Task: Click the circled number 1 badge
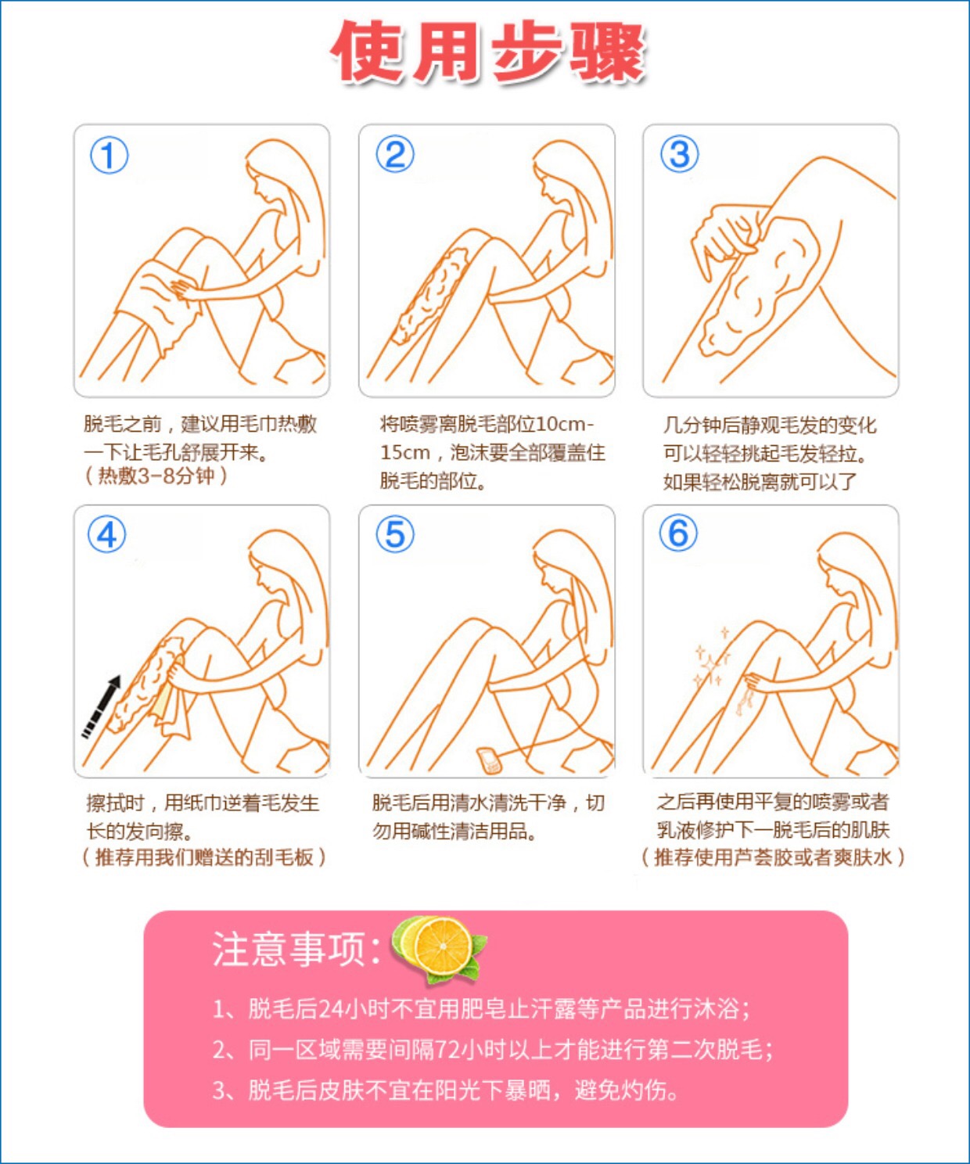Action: [x=109, y=156]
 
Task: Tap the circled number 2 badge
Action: [x=395, y=154]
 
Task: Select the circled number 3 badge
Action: [x=679, y=154]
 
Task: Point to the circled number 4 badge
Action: [x=107, y=534]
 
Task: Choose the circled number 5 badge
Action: [x=395, y=533]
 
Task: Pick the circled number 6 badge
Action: [x=678, y=533]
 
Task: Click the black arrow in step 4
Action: [x=102, y=707]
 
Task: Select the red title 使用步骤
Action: [x=489, y=52]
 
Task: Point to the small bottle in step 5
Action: [x=489, y=760]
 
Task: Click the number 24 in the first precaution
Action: [x=331, y=1023]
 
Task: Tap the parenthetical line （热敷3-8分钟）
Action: [x=156, y=476]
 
